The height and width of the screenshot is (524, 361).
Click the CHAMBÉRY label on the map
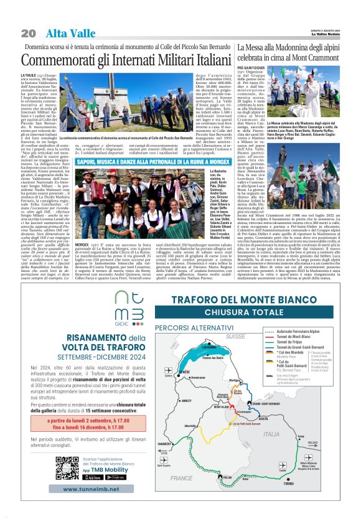(x=164, y=444)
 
